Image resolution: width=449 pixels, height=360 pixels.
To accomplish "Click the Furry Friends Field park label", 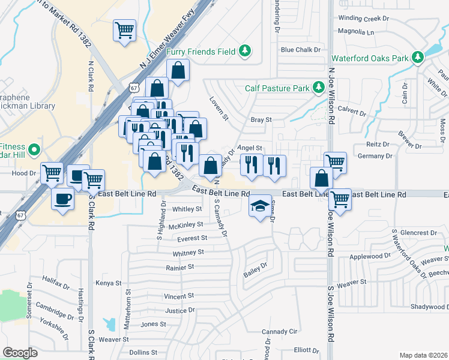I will (200, 52).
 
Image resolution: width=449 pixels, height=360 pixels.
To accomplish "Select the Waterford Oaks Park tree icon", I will (418, 58).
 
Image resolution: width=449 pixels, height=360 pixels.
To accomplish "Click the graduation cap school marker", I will (259, 206).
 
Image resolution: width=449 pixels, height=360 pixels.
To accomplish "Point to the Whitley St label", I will (187, 209).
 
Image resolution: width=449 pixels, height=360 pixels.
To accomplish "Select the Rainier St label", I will (179, 266).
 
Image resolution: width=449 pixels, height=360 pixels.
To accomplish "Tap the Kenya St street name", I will (109, 283).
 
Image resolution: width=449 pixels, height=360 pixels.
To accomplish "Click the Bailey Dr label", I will (255, 269).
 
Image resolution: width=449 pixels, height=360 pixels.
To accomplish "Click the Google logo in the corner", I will (20, 353).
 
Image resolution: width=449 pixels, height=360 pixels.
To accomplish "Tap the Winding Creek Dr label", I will (364, 19).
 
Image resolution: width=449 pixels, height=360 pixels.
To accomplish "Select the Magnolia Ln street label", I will (356, 31).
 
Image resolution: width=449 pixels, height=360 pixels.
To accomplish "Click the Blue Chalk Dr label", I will (301, 50).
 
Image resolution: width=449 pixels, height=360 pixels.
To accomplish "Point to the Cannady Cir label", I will (280, 331).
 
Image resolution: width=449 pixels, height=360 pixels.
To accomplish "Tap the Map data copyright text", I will (423, 355).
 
